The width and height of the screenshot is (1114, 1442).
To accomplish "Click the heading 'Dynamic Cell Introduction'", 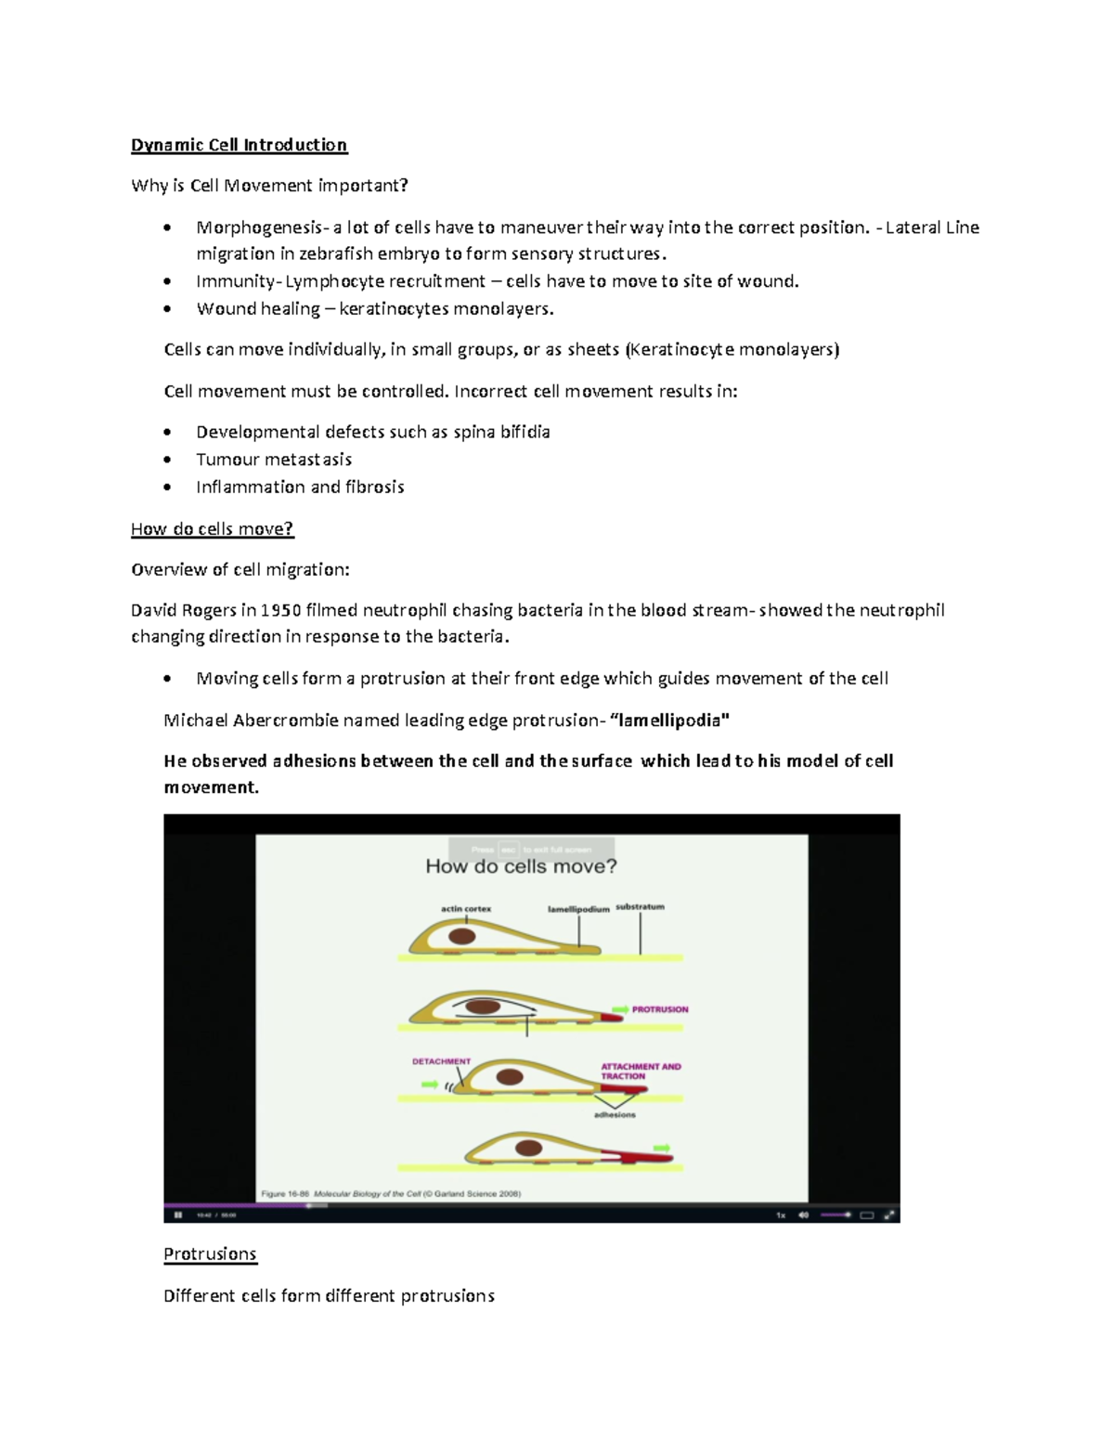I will (239, 145).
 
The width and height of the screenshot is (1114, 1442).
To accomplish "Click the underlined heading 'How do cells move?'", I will (212, 529).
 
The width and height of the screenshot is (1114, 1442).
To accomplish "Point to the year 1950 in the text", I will (280, 611).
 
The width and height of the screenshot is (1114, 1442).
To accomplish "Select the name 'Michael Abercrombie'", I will (251, 721).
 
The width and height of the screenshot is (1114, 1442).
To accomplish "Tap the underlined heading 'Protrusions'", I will (210, 1254).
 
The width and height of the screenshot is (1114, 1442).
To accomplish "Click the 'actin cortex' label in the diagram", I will (466, 909).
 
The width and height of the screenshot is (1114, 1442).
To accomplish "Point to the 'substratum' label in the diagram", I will (640, 906).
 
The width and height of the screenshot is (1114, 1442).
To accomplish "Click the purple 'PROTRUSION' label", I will (660, 1009).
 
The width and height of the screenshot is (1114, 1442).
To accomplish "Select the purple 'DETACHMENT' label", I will (441, 1061).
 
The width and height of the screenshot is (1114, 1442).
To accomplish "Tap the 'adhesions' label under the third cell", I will (615, 1114).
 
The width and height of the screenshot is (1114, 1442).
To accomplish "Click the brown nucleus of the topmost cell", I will (464, 936).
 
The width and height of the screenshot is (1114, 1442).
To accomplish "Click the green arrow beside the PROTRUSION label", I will (619, 1009).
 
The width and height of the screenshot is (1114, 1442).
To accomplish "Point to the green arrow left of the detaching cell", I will (429, 1084).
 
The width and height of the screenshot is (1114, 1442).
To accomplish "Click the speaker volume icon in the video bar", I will (804, 1215).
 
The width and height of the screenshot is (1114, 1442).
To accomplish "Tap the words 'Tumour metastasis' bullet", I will (274, 460).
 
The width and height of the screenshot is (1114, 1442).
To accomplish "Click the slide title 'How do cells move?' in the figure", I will (521, 866).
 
